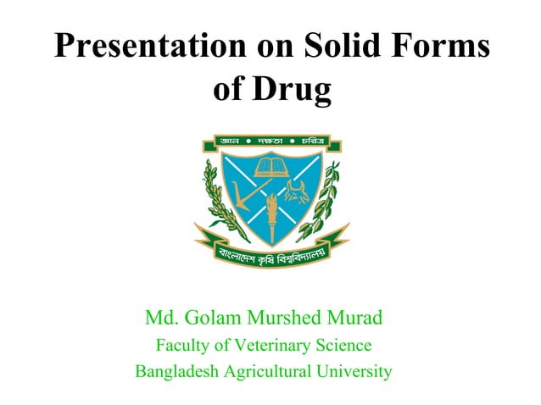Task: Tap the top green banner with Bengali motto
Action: (271, 140)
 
